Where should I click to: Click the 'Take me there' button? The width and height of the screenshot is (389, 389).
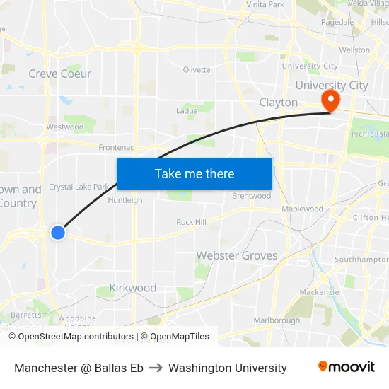click(194, 173)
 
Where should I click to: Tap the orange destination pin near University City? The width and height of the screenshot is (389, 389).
click(330, 100)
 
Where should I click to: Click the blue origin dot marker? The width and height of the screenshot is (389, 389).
click(58, 232)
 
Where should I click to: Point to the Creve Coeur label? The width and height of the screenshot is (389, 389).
click(59, 74)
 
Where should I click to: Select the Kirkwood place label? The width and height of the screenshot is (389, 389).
click(133, 288)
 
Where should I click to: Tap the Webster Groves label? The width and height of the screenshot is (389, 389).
click(237, 255)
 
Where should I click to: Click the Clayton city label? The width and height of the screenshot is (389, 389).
click(279, 103)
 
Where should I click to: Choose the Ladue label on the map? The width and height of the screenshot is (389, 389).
click(187, 111)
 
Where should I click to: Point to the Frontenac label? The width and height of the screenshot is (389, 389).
click(116, 147)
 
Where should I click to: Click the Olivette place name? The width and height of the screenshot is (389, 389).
click(197, 69)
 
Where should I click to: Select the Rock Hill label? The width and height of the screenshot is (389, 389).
click(191, 222)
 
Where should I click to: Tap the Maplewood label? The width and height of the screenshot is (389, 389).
click(302, 209)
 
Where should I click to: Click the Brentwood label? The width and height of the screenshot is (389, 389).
click(251, 196)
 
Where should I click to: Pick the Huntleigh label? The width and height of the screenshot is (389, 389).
click(125, 200)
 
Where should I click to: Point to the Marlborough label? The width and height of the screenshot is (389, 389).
click(277, 320)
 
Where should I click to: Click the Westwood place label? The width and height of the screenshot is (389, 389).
click(65, 127)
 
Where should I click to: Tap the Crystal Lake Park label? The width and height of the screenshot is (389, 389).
click(79, 187)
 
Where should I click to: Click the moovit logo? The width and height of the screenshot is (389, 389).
click(347, 367)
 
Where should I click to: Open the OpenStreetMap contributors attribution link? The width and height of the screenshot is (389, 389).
click(76, 337)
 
